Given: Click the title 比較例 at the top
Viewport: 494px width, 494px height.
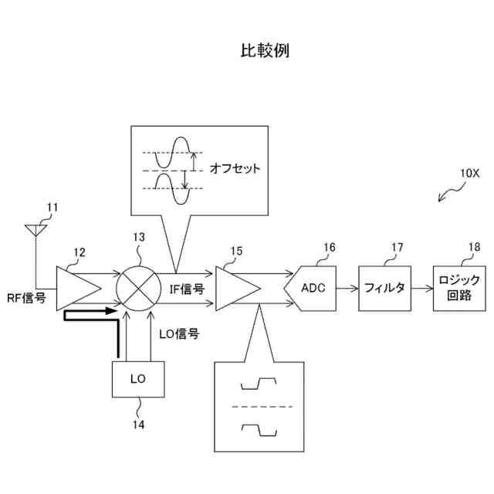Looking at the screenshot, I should [265, 51].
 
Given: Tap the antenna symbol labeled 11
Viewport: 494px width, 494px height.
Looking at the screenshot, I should [35, 230].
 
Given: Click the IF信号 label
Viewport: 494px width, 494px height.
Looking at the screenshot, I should [186, 289].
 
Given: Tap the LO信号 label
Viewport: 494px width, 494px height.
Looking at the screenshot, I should [179, 334].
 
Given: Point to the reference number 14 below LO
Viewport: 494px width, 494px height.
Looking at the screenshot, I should [139, 423].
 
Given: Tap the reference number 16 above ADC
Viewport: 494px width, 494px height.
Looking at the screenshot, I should [329, 248].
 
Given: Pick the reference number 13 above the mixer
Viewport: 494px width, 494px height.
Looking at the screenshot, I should [139, 240].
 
